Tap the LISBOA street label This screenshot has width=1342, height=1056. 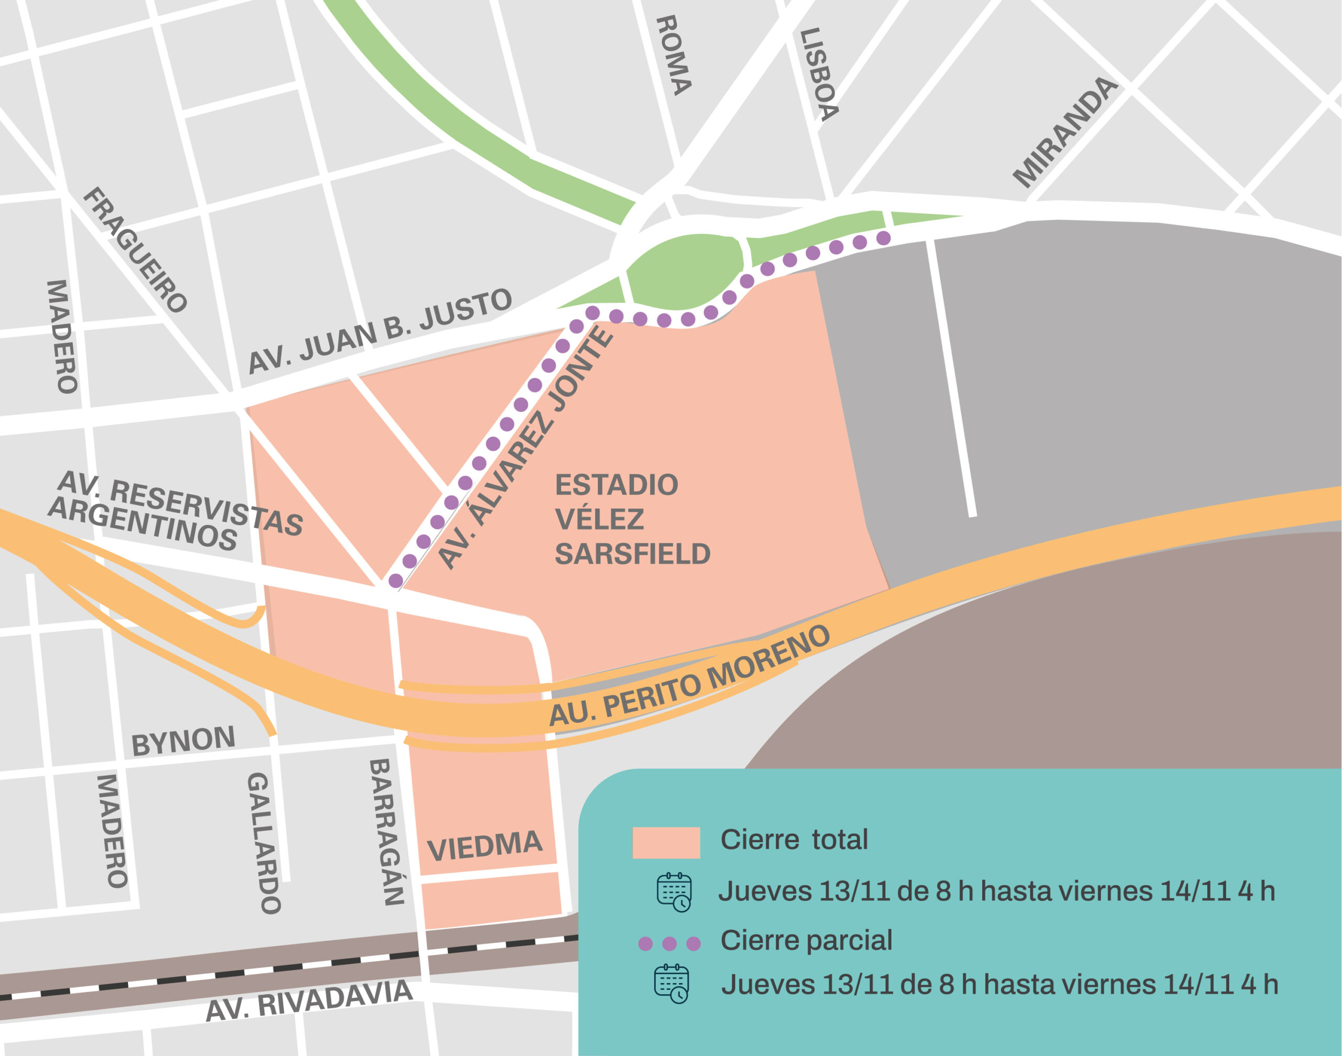[819, 74]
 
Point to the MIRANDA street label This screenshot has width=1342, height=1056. [1065, 132]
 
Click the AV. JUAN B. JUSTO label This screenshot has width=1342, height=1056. [380, 331]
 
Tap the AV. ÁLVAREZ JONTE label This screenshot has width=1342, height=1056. [526, 448]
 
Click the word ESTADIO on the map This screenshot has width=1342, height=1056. [616, 485]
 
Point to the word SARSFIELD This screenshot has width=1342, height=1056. [632, 554]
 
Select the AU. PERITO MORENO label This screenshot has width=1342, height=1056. [689, 677]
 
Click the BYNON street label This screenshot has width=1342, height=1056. [183, 741]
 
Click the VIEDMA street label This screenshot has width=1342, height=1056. [484, 846]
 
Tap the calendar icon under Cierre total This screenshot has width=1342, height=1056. [674, 892]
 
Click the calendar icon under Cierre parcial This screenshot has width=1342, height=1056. [671, 983]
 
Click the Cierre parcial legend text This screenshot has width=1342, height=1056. [806, 940]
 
